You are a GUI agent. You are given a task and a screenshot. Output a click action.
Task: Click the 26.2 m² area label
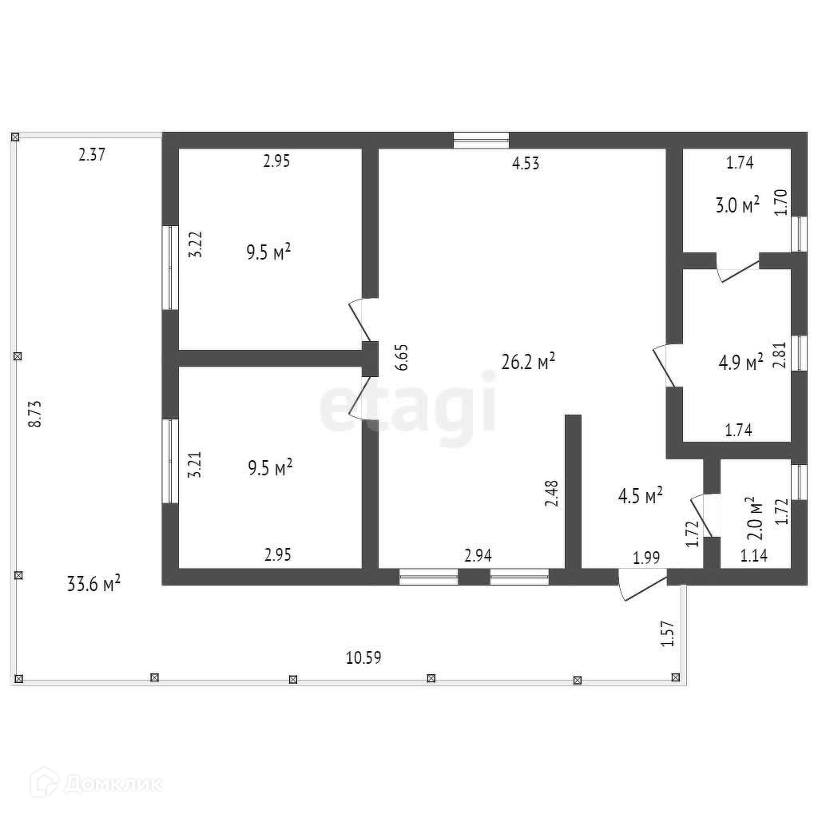coord(528,362)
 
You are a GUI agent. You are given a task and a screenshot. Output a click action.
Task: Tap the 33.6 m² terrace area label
coord(93,585)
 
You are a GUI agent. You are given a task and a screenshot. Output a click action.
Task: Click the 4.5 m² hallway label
coord(641,497)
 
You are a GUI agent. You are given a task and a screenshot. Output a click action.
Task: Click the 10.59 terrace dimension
coord(363,657)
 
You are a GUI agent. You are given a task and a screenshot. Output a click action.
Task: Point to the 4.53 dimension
coord(526,164)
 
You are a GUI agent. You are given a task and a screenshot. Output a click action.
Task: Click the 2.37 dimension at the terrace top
coord(92,155)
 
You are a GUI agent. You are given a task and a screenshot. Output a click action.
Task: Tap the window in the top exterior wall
coord(481,141)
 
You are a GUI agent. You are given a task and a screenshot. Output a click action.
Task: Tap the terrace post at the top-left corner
coord(15,138)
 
